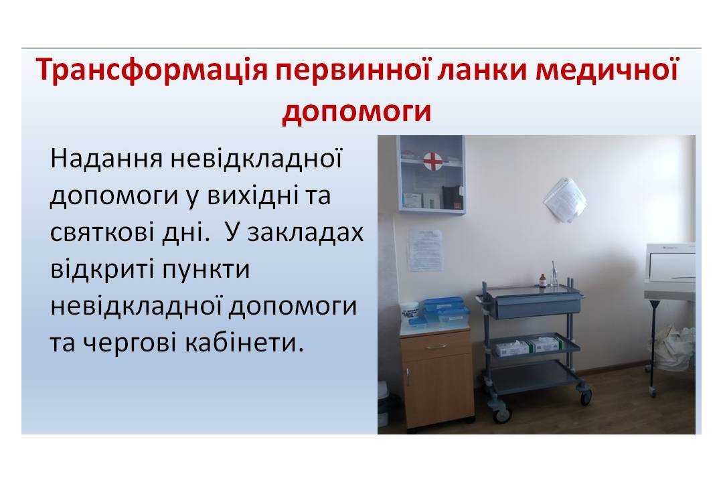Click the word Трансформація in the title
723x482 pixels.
pos(152,70)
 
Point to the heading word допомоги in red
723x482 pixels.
pos(357,111)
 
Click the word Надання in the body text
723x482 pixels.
pos(106,159)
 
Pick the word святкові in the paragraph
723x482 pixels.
pos(101,232)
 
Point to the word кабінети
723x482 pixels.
pos(245,343)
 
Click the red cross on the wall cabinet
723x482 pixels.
pos(432,161)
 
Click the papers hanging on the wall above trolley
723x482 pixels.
pos(565,199)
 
